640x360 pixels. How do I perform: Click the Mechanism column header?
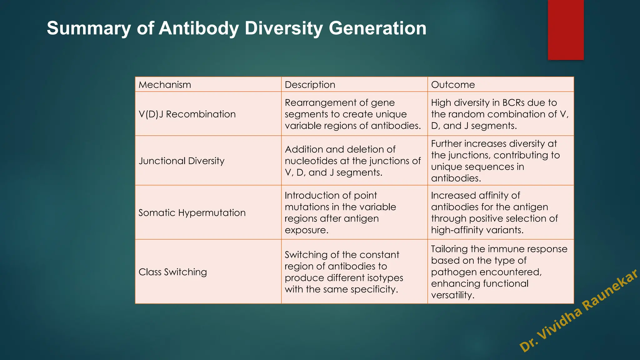tap(165, 85)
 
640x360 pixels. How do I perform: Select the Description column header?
tap(310, 85)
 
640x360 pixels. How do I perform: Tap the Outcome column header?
tap(453, 85)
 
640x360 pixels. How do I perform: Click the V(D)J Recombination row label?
tap(187, 114)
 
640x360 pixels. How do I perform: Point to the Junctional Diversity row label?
tap(182, 161)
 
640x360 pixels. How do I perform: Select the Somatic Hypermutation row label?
tap(192, 213)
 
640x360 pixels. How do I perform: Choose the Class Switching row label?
tap(172, 272)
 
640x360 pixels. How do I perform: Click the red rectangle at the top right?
tap(566, 30)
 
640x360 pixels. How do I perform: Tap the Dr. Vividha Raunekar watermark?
tap(578, 311)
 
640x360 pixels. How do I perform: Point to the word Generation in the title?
tap(377, 28)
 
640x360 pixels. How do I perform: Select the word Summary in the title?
tap(89, 28)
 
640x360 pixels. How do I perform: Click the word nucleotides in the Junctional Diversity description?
tap(311, 161)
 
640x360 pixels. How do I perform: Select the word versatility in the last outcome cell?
tap(452, 295)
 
